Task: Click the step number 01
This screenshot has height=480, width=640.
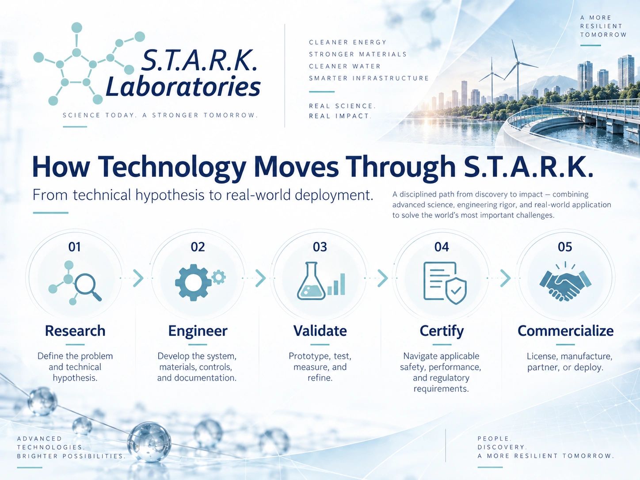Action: (74, 247)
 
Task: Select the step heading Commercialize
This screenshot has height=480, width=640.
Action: (565, 331)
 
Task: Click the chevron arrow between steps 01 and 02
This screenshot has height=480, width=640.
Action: (138, 278)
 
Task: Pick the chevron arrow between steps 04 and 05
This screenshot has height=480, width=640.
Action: (505, 278)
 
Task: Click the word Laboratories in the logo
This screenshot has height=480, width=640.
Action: (183, 87)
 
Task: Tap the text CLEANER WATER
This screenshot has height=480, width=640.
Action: (345, 66)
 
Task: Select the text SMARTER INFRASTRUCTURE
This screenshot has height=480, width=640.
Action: (369, 78)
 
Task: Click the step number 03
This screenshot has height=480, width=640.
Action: (320, 247)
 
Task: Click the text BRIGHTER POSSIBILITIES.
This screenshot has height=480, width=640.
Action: (71, 456)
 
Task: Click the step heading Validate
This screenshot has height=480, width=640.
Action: (320, 331)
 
